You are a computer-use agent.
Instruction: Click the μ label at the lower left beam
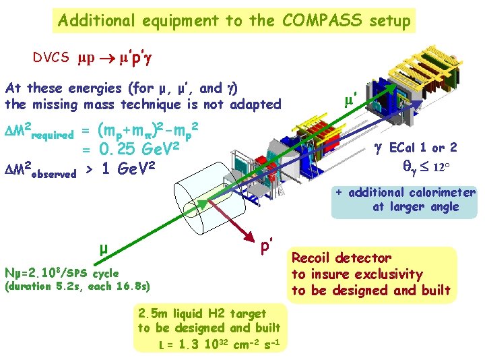[x=103, y=249]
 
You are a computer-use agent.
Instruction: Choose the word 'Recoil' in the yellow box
[x=315, y=257]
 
